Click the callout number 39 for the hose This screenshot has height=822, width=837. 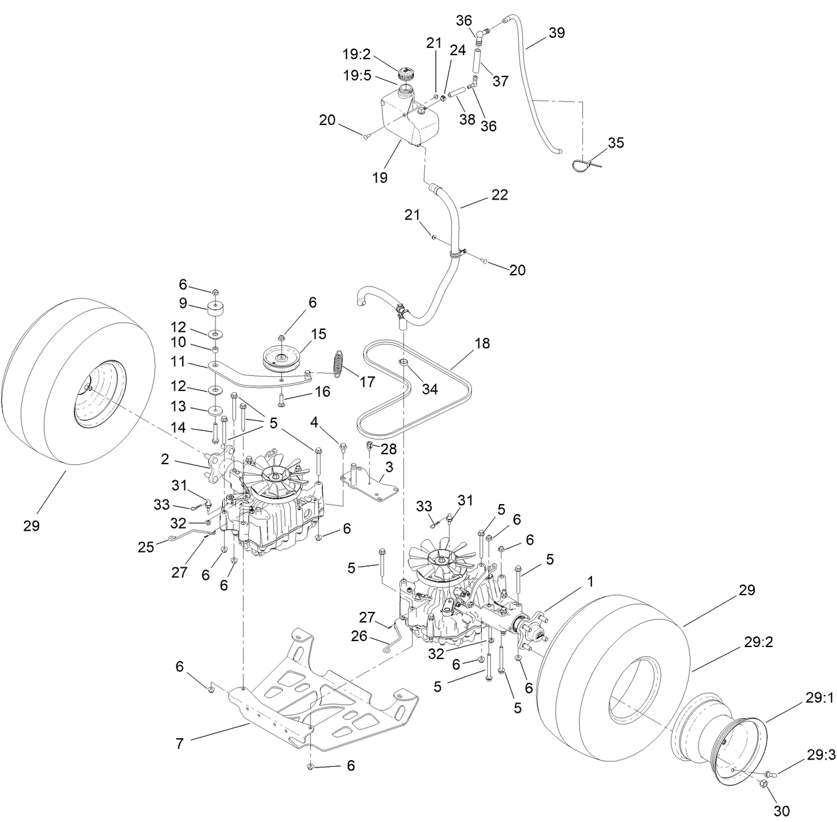point(557,33)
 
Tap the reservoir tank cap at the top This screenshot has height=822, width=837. point(405,73)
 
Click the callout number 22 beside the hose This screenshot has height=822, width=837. point(499,195)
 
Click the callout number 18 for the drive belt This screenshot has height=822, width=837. point(482,344)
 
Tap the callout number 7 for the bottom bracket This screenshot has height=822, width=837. point(179,744)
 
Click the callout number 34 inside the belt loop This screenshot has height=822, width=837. point(430,389)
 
